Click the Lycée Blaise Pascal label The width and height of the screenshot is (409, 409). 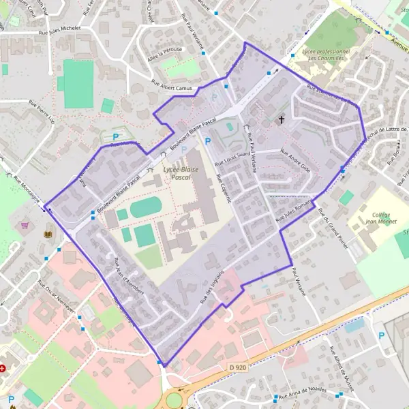pos(177,172)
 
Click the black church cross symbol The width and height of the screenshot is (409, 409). pos(282,120)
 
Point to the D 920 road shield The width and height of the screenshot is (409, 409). pos(237,367)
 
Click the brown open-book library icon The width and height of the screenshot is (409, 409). pos(47,235)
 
